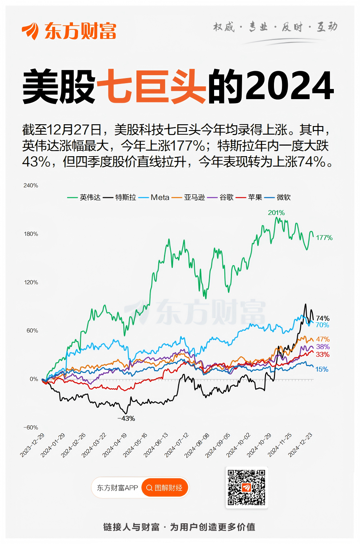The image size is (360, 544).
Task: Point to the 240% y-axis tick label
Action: tap(31, 186)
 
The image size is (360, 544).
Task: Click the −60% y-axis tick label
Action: tap(31, 427)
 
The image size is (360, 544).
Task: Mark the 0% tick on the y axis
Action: tap(34, 379)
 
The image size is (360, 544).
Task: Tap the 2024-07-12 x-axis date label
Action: tap(177, 445)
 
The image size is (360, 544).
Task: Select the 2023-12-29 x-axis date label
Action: tap(32, 445)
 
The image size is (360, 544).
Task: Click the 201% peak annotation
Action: tap(276, 213)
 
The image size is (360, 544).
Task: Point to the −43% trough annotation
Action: tap(126, 419)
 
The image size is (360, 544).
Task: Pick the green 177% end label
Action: tap(324, 238)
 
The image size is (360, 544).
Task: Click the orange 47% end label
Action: tap(323, 339)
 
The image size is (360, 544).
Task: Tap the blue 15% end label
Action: tap(322, 369)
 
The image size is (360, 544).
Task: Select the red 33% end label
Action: tap(323, 354)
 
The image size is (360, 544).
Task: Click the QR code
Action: tap(246, 487)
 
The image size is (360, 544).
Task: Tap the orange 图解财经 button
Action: tap(165, 488)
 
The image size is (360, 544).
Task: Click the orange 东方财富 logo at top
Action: tap(69, 31)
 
